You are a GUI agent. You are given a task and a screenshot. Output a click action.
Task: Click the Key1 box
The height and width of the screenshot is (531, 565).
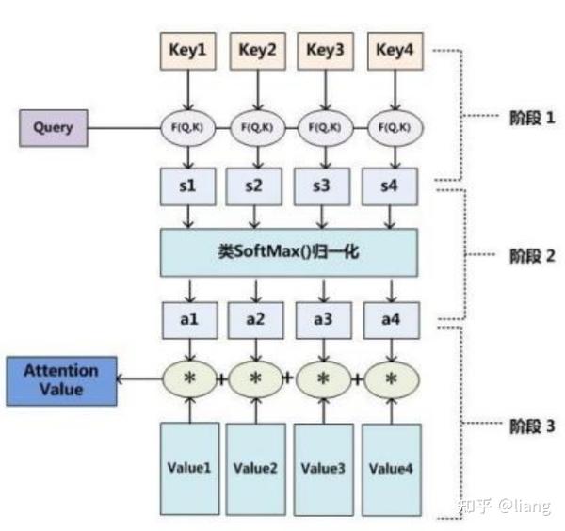pyautogui.click(x=188, y=51)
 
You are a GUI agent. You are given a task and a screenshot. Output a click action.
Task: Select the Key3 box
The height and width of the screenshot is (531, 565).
pyautogui.click(x=326, y=51)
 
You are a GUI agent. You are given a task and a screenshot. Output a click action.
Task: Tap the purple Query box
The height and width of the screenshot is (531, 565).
pyautogui.click(x=54, y=128)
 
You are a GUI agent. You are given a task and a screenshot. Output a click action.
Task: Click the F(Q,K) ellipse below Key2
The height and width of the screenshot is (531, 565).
pyautogui.click(x=257, y=127)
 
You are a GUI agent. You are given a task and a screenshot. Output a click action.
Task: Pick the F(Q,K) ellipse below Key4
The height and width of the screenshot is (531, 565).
pyautogui.click(x=395, y=127)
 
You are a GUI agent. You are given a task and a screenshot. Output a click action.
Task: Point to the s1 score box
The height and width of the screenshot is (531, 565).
pyautogui.click(x=188, y=186)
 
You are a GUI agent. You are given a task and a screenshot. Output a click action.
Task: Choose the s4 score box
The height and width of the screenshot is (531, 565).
pyautogui.click(x=390, y=186)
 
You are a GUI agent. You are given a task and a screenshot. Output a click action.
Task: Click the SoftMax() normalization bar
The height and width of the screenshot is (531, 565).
pyautogui.click(x=289, y=252)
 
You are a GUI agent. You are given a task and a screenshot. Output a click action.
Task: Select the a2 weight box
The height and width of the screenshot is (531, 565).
pyautogui.click(x=255, y=320)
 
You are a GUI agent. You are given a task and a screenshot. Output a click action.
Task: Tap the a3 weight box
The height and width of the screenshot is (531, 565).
pyautogui.click(x=324, y=320)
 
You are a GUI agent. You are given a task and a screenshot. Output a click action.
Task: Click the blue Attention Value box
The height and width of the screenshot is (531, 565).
pyautogui.click(x=61, y=381)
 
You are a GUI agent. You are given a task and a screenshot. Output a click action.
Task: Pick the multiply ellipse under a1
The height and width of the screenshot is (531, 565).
pyautogui.click(x=190, y=379)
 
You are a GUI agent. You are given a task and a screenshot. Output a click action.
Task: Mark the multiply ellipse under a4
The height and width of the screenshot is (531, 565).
pyautogui.click(x=392, y=379)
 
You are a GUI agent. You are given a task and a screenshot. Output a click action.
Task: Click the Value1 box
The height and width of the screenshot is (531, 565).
pyautogui.click(x=189, y=468)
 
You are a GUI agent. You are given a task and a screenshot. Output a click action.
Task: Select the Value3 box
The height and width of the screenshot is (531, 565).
pyautogui.click(x=324, y=470)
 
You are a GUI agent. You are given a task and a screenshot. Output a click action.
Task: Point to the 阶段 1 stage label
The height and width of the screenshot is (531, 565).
pyautogui.click(x=532, y=118)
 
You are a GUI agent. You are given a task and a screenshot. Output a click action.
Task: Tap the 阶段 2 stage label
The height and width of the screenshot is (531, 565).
pyautogui.click(x=532, y=256)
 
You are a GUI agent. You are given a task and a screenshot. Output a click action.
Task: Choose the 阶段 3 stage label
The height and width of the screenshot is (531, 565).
pyautogui.click(x=532, y=426)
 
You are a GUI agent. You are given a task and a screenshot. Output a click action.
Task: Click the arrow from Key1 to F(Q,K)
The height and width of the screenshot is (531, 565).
pyautogui.click(x=187, y=89)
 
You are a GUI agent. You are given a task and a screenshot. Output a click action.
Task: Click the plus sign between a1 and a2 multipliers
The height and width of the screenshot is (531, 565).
pyautogui.click(x=222, y=379)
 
